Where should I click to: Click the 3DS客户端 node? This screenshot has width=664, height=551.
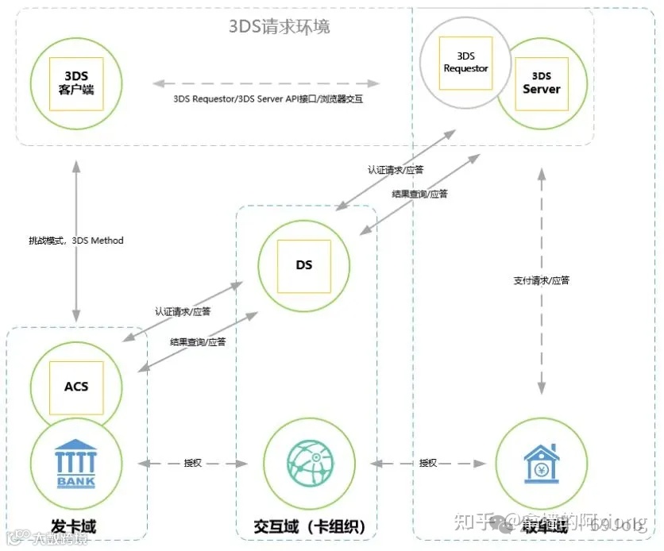pyautogui.click(x=76, y=82)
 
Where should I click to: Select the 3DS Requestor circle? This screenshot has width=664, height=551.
pyautogui.click(x=465, y=63)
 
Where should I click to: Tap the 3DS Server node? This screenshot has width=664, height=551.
pyautogui.click(x=541, y=83)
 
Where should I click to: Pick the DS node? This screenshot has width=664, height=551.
pyautogui.click(x=303, y=264)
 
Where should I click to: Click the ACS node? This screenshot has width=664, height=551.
pyautogui.click(x=76, y=387)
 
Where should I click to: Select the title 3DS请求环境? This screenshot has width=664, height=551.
pyautogui.click(x=279, y=26)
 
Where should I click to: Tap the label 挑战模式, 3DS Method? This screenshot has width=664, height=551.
pyautogui.click(x=76, y=241)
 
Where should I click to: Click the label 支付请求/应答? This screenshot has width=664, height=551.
pyautogui.click(x=541, y=280)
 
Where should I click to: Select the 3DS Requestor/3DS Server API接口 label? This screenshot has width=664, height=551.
pyautogui.click(x=268, y=99)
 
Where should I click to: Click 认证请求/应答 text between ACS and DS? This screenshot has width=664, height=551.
pyautogui.click(x=183, y=312)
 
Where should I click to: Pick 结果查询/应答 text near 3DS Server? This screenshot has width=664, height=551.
pyautogui.click(x=419, y=194)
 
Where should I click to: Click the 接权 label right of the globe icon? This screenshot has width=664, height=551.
pyautogui.click(x=428, y=463)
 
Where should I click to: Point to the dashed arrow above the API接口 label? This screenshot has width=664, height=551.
pyautogui.click(x=268, y=82)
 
